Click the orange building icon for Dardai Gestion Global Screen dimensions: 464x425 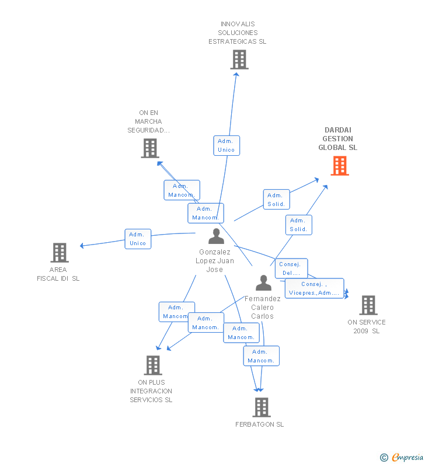(x=340, y=166)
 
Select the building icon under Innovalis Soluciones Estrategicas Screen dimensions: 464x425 (x=239, y=60)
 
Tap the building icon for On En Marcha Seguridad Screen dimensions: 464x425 (x=150, y=148)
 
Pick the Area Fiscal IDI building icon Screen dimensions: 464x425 (x=59, y=253)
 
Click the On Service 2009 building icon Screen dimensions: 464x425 (x=368, y=305)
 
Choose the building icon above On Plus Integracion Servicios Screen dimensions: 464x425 (x=152, y=365)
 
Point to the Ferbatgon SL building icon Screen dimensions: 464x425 (x=261, y=407)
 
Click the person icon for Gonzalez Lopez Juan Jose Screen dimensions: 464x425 (x=216, y=236)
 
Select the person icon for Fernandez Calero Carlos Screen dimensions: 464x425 (x=263, y=283)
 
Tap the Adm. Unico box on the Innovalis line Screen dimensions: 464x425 (x=226, y=145)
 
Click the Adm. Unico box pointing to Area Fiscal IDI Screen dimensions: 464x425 (x=138, y=239)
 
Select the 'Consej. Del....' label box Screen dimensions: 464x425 (x=291, y=268)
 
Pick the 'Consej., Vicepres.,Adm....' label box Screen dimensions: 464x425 (x=314, y=288)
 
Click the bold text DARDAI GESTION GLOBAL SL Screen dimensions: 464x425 (x=337, y=139)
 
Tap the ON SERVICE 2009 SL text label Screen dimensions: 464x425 (x=366, y=327)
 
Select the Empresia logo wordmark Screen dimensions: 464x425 (x=406, y=458)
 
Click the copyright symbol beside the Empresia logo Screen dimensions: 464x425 (x=384, y=458)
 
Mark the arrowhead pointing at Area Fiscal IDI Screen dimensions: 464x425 (x=82, y=246)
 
